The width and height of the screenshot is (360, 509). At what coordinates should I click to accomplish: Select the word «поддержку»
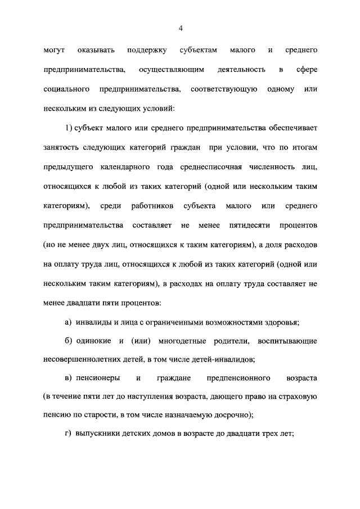point(147,51)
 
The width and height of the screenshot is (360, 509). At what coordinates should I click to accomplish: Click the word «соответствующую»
point(224,89)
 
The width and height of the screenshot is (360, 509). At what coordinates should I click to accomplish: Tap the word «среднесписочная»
point(208,167)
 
